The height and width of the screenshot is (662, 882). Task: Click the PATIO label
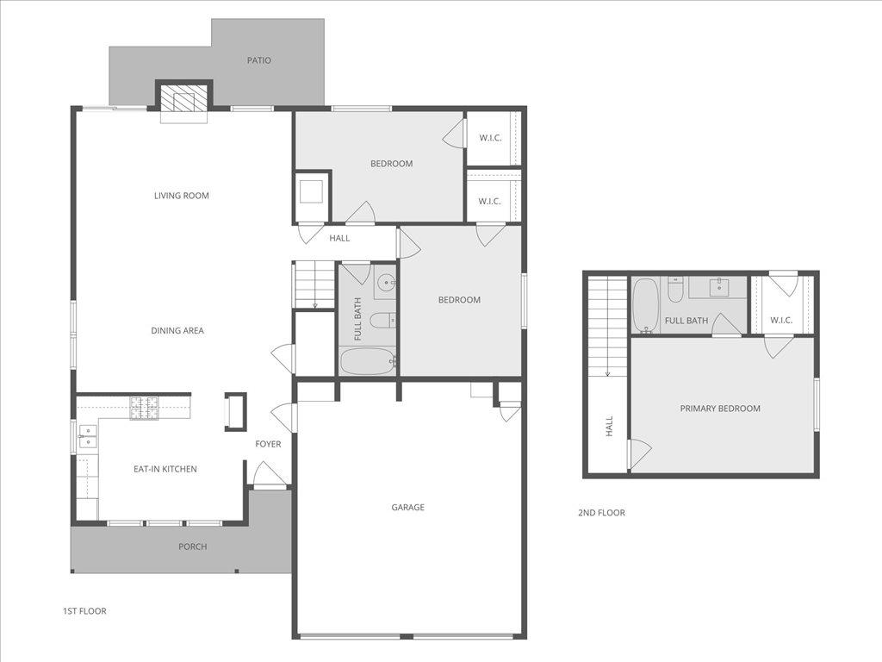pos(258,60)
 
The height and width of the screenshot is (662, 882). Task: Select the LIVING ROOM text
pos(182,196)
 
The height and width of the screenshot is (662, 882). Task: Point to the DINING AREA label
pos(177,330)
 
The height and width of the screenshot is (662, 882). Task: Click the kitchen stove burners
pos(145,408)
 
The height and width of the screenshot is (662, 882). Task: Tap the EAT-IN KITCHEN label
pos(165,469)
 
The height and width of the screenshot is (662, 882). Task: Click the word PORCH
pos(192,546)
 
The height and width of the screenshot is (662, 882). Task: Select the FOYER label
pos(268,444)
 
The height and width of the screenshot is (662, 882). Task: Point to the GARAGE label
pos(407,508)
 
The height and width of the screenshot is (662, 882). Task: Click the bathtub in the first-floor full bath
pos(367,361)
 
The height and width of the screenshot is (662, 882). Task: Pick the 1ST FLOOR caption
pos(84,611)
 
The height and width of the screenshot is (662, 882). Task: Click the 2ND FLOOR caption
pos(601,513)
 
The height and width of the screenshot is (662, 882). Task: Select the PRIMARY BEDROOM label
pos(720,409)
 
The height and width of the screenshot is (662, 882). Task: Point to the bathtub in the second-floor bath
pos(645,305)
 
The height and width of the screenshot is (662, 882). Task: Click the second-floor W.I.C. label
pos(781,321)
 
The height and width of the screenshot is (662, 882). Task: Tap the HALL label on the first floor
pos(339,238)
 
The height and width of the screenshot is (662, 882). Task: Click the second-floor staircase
pos(607,326)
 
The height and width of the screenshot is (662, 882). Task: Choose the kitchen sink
pos(87,435)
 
